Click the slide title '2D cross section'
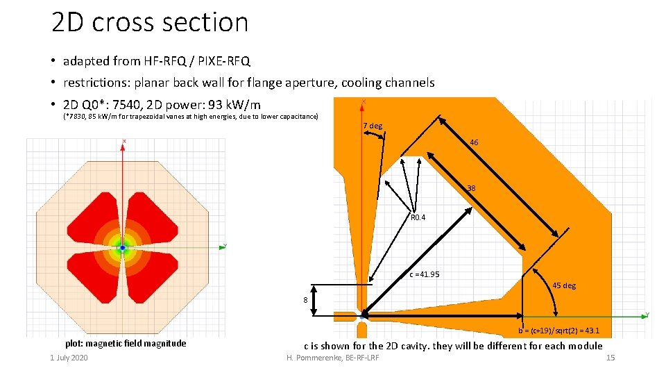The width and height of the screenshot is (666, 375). (x=150, y=23)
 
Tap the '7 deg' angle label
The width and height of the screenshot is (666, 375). (x=373, y=126)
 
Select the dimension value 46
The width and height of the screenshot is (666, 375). (x=474, y=142)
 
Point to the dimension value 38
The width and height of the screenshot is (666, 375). (x=471, y=188)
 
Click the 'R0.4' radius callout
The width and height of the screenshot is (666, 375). (x=418, y=217)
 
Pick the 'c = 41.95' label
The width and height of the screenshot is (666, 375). (x=424, y=274)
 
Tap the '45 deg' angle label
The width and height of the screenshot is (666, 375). (x=564, y=285)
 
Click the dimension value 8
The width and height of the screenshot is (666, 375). (x=305, y=300)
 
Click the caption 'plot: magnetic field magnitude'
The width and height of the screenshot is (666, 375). (x=125, y=343)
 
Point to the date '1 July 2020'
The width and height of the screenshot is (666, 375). (x=69, y=358)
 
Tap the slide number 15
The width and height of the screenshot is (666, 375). (x=610, y=358)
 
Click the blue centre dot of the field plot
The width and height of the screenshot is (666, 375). (x=123, y=247)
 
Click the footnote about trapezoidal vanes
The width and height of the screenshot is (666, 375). (x=191, y=117)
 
